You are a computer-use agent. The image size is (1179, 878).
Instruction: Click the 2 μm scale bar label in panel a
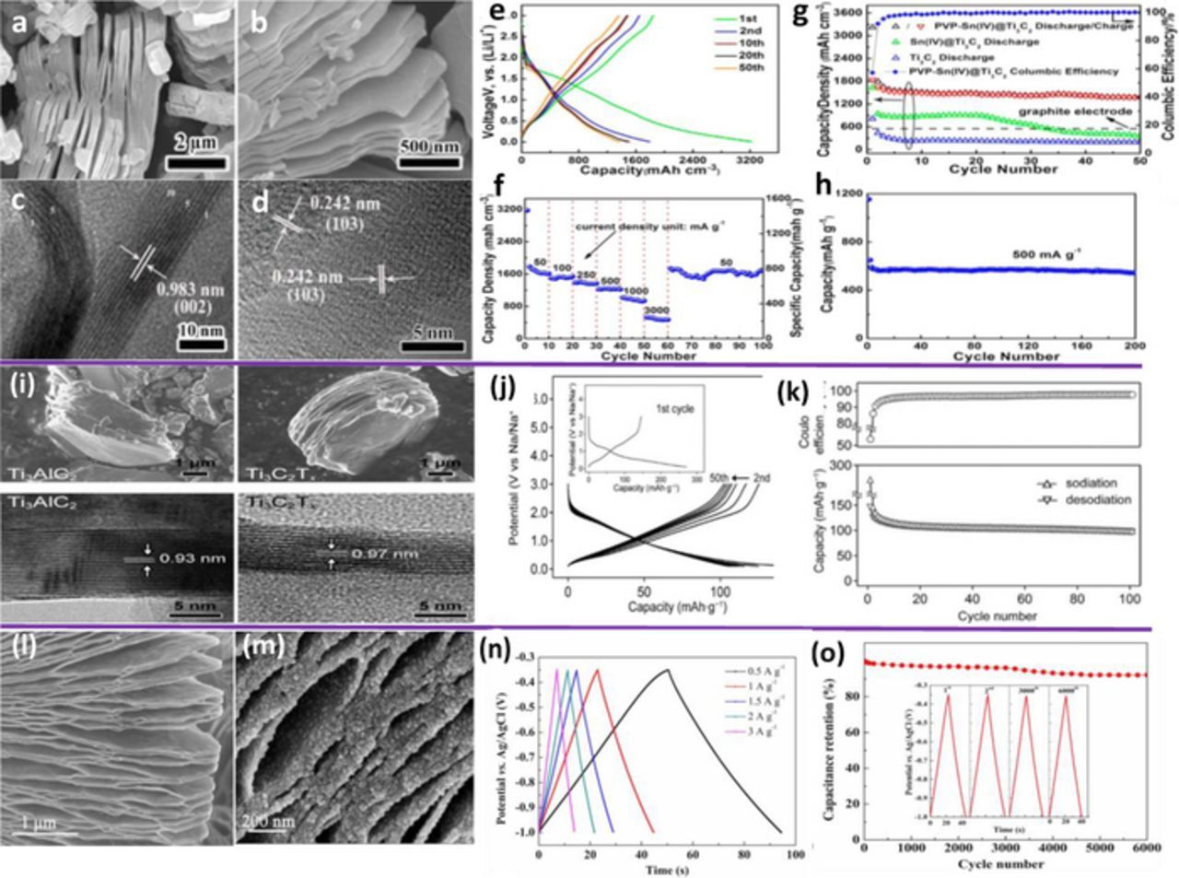(x=196, y=143)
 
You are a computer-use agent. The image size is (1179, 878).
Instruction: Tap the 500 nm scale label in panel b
(x=429, y=145)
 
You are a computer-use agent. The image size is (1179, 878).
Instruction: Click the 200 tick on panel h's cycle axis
(x=1133, y=346)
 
